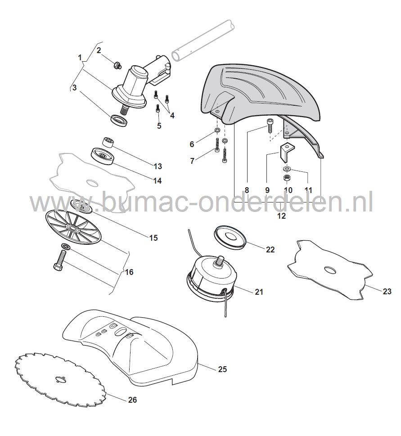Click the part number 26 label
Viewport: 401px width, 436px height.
tap(132, 400)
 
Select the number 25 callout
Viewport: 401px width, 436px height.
tap(222, 369)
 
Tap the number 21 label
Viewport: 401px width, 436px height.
tap(258, 292)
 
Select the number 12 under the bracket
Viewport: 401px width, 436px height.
tap(281, 216)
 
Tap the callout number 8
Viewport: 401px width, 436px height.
tap(247, 190)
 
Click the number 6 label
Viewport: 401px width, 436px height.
tap(192, 144)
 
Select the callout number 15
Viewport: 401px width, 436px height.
tap(153, 238)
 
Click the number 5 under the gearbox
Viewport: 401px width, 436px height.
tap(159, 126)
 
